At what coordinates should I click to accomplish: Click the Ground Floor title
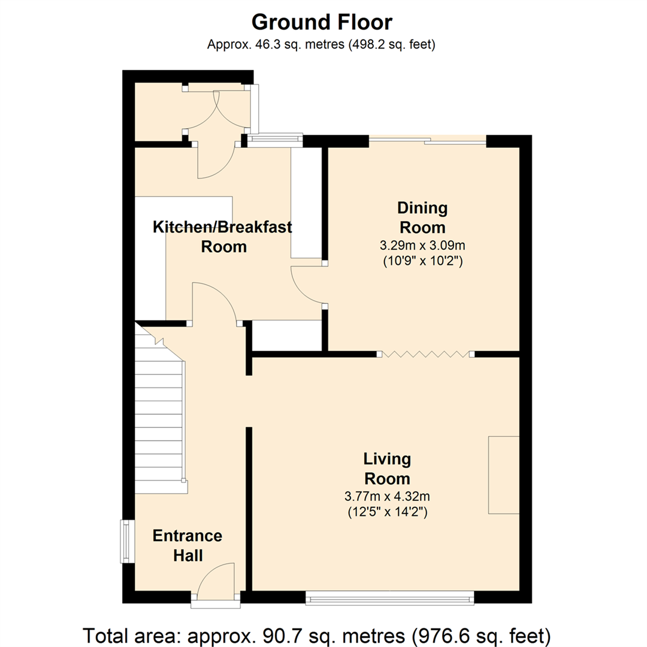(x=322, y=22)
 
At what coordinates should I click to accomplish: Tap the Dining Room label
(x=422, y=217)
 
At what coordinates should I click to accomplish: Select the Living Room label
(x=388, y=468)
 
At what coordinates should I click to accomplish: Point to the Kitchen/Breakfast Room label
(x=223, y=236)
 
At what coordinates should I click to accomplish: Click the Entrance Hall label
(x=188, y=545)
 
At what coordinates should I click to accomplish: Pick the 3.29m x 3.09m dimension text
(x=422, y=245)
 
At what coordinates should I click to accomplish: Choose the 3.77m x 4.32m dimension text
(x=388, y=496)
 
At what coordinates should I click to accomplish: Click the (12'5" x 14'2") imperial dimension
(x=388, y=512)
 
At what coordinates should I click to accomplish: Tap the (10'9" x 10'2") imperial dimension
(x=422, y=261)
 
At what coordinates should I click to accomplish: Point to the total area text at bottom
(x=317, y=634)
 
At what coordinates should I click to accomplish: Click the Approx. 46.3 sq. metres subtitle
(x=322, y=44)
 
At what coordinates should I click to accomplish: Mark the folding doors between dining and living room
(x=425, y=354)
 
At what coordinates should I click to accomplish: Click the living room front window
(x=389, y=597)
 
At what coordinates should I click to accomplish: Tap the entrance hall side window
(x=126, y=542)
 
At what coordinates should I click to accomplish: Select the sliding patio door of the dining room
(x=427, y=141)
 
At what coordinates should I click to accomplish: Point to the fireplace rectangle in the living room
(x=503, y=474)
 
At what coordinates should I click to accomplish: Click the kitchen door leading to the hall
(x=214, y=303)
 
